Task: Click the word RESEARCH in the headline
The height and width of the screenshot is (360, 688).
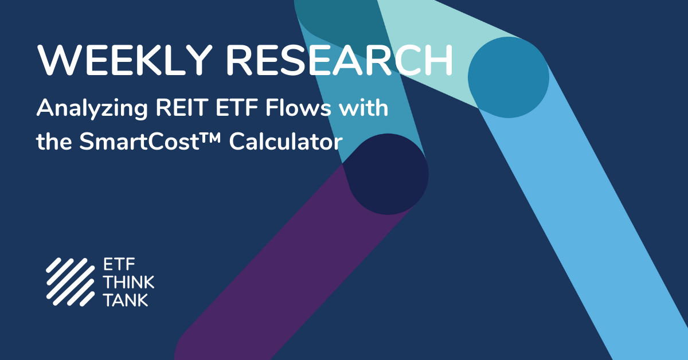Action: [x=339, y=60]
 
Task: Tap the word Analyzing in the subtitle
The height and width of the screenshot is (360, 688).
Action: [x=92, y=109]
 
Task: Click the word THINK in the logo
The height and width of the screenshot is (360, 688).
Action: [x=128, y=282]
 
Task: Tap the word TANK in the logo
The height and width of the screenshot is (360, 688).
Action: [x=126, y=300]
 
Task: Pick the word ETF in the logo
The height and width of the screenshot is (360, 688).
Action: [x=119, y=264]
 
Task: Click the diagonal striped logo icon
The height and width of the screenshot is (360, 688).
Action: [x=71, y=282]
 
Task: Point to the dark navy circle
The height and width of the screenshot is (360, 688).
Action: [x=388, y=174]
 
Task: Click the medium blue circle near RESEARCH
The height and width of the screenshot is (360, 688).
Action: [x=509, y=77]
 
